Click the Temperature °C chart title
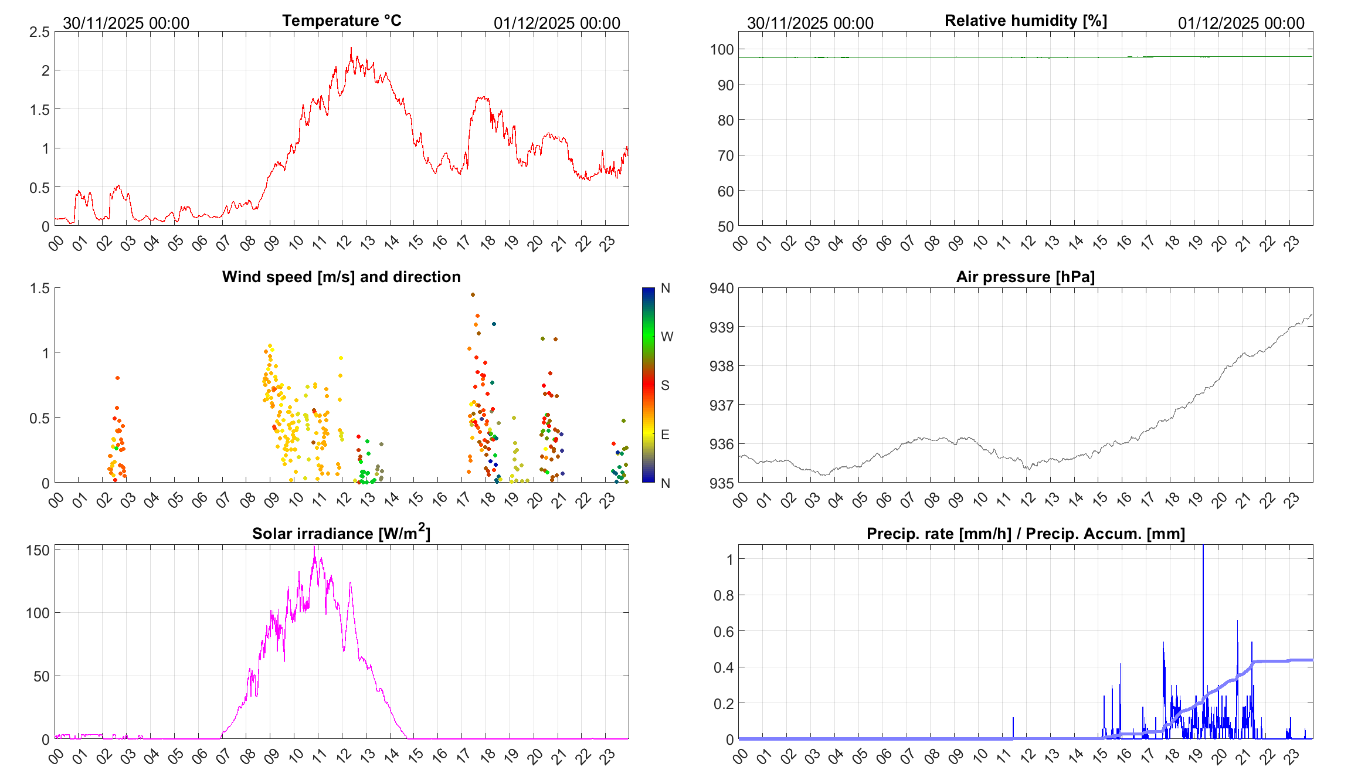coord(342,21)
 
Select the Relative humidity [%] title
coord(1026,21)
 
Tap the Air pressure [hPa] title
coord(1026,277)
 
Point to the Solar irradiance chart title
coord(341,532)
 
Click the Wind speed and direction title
coord(341,277)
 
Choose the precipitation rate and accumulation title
coord(1026,534)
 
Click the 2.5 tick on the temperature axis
coord(39,32)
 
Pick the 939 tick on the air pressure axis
coord(721,327)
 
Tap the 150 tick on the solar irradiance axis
coord(38,550)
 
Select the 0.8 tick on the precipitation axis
coord(724,595)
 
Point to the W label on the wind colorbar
coord(667,337)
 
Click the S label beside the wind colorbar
coord(665,385)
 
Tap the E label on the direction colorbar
coord(665,435)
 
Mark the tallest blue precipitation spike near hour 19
coord(1203,548)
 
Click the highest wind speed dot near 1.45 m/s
coord(473,295)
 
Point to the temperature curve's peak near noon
coord(351,48)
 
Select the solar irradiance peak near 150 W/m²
coord(315,548)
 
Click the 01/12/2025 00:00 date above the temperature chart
coord(556,23)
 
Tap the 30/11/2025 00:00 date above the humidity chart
coord(810,23)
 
